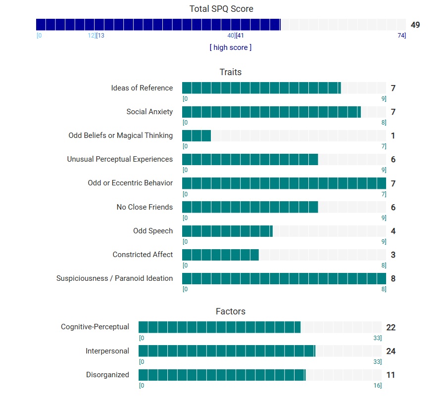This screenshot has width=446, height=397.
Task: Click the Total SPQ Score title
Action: coord(221,9)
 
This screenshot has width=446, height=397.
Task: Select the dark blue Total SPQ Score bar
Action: coord(158,25)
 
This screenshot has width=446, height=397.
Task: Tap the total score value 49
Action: coord(415,25)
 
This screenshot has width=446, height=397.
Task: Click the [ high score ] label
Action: coord(231,47)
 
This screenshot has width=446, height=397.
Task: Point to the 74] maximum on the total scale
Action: coord(401,35)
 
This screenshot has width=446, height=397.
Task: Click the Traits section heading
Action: coord(231,72)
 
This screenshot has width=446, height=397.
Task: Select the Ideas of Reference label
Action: coord(142,88)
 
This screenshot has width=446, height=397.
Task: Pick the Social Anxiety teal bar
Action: coord(271,112)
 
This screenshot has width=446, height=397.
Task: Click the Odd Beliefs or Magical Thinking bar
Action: coord(197,135)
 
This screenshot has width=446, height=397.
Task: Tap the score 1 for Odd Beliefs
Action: coord(393,136)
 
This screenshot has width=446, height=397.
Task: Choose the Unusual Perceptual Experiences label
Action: coord(120,159)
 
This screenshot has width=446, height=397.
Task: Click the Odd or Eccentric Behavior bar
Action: coord(284,183)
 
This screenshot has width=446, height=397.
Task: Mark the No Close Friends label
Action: coord(145,207)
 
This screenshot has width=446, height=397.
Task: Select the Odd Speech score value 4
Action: coord(393,231)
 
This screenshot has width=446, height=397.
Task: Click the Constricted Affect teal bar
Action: coord(220,255)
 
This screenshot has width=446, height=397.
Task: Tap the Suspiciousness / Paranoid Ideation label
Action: coord(115,278)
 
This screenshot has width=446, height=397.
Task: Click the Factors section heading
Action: coord(231,311)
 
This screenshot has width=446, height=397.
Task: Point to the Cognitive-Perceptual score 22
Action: coord(391,327)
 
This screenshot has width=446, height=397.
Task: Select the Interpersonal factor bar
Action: coord(227,351)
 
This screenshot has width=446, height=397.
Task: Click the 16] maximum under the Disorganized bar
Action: coord(377,385)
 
